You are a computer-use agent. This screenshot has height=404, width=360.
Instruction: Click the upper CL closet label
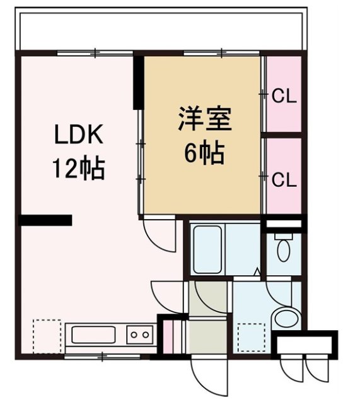pos(284,97)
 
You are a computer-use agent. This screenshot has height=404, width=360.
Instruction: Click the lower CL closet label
pos(284,179)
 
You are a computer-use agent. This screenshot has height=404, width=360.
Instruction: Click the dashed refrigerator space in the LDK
pos(47,335)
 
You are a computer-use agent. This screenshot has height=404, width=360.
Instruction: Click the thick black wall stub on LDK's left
pos(45,220)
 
